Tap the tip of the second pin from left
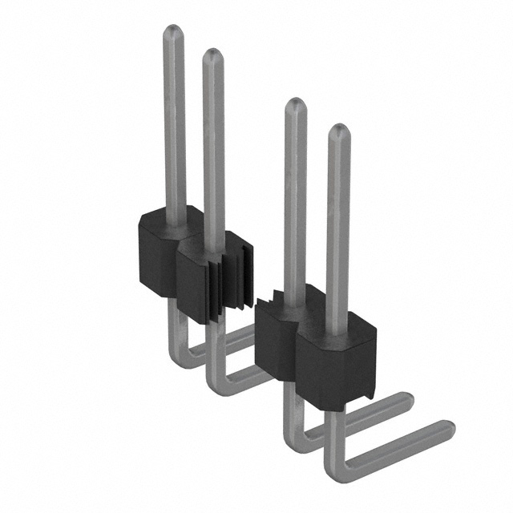[212, 56]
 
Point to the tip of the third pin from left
[296, 105]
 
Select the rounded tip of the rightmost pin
[338, 131]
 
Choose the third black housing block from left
[277, 341]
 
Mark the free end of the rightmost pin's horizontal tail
[447, 430]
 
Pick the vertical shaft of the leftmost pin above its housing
[174, 128]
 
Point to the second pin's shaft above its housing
[212, 152]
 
